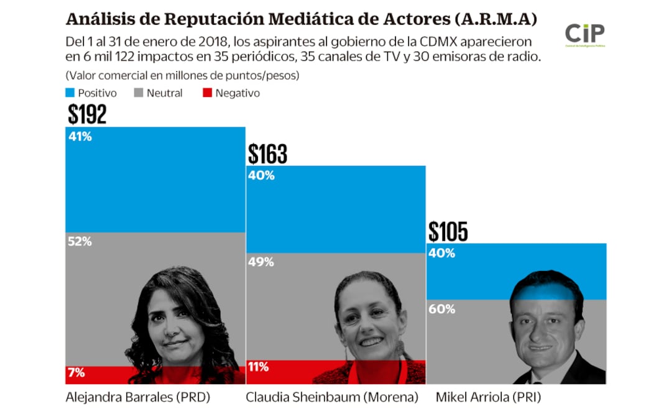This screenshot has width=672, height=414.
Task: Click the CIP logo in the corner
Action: (x=584, y=35)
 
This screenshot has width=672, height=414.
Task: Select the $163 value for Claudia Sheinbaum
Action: (x=267, y=154)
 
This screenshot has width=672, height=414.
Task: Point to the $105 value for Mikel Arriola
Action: (x=448, y=232)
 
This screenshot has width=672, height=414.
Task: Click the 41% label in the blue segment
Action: (x=79, y=137)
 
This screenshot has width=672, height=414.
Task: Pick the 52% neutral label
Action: (x=79, y=242)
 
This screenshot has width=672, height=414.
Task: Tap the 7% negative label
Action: (x=76, y=373)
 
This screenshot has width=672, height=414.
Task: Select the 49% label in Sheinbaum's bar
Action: (x=260, y=262)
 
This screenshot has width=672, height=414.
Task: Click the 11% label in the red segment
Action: (x=258, y=367)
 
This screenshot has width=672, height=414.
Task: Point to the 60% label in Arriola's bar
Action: (x=441, y=309)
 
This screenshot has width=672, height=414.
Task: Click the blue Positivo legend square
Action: (x=70, y=93)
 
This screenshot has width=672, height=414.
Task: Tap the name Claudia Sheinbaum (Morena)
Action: (x=331, y=397)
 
